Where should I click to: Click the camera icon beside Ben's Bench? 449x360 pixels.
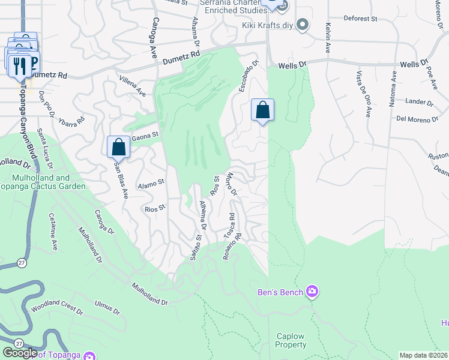point(312,292)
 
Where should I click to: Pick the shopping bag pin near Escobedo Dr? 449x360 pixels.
point(262,110)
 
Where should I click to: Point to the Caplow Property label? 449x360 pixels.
point(291,340)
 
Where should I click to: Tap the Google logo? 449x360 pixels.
point(19,353)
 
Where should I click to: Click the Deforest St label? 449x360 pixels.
point(360,19)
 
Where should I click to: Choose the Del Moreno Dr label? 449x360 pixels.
point(417,119)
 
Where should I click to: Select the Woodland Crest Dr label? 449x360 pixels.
point(57,309)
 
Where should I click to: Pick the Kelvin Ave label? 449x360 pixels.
point(328,37)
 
